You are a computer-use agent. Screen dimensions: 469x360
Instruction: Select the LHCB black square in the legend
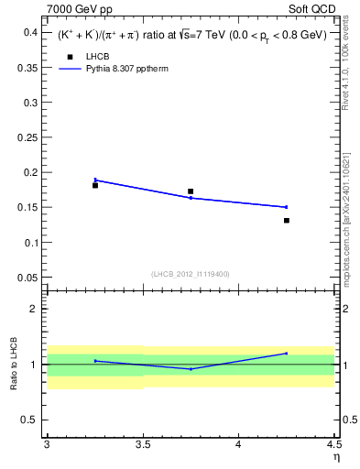tap(69, 58)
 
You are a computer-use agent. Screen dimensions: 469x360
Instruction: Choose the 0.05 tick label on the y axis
tap(27, 278)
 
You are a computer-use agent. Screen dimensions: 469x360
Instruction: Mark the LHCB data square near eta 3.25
tap(95, 185)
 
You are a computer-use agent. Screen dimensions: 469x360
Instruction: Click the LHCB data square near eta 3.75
tap(191, 191)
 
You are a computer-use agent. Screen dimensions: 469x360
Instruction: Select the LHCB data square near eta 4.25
tap(287, 220)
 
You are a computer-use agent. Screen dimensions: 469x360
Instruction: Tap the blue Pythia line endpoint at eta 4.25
tap(287, 207)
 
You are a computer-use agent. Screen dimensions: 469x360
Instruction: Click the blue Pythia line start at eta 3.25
tap(95, 180)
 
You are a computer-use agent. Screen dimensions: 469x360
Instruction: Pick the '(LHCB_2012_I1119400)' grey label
tap(191, 274)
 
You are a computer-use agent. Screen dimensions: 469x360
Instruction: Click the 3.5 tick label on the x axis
tap(142, 445)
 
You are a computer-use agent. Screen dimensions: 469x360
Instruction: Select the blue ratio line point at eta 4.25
tap(287, 354)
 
